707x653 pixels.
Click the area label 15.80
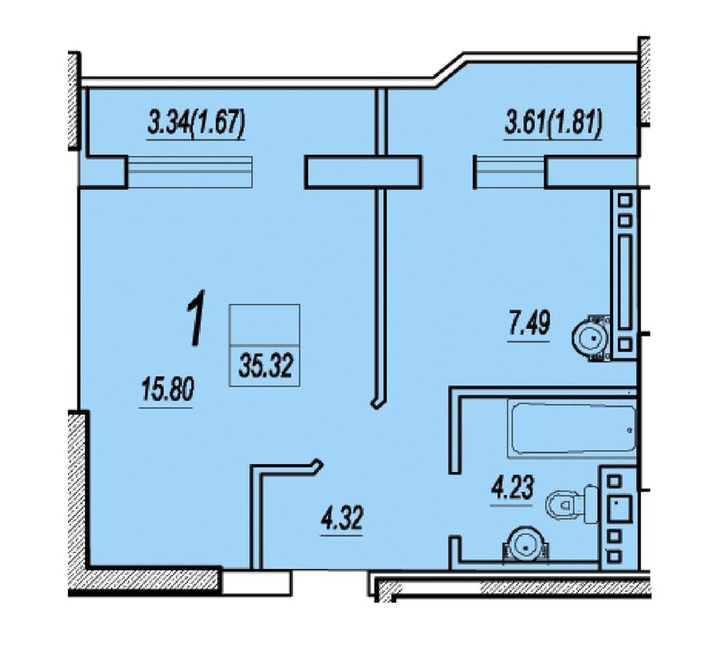[x=167, y=390]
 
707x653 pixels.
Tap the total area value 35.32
[x=266, y=365]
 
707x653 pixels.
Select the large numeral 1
[x=195, y=318]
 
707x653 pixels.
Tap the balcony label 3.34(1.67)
[x=195, y=123]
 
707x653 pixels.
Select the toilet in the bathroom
[x=572, y=505]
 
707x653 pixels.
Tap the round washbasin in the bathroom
[x=526, y=546]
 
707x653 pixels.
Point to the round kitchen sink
[x=591, y=338]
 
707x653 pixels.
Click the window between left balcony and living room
[x=190, y=171]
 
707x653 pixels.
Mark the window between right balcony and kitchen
[x=510, y=171]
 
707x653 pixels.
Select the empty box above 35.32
[x=264, y=324]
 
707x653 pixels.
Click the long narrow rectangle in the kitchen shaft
[x=625, y=282]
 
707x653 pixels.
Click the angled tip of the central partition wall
[x=378, y=403]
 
